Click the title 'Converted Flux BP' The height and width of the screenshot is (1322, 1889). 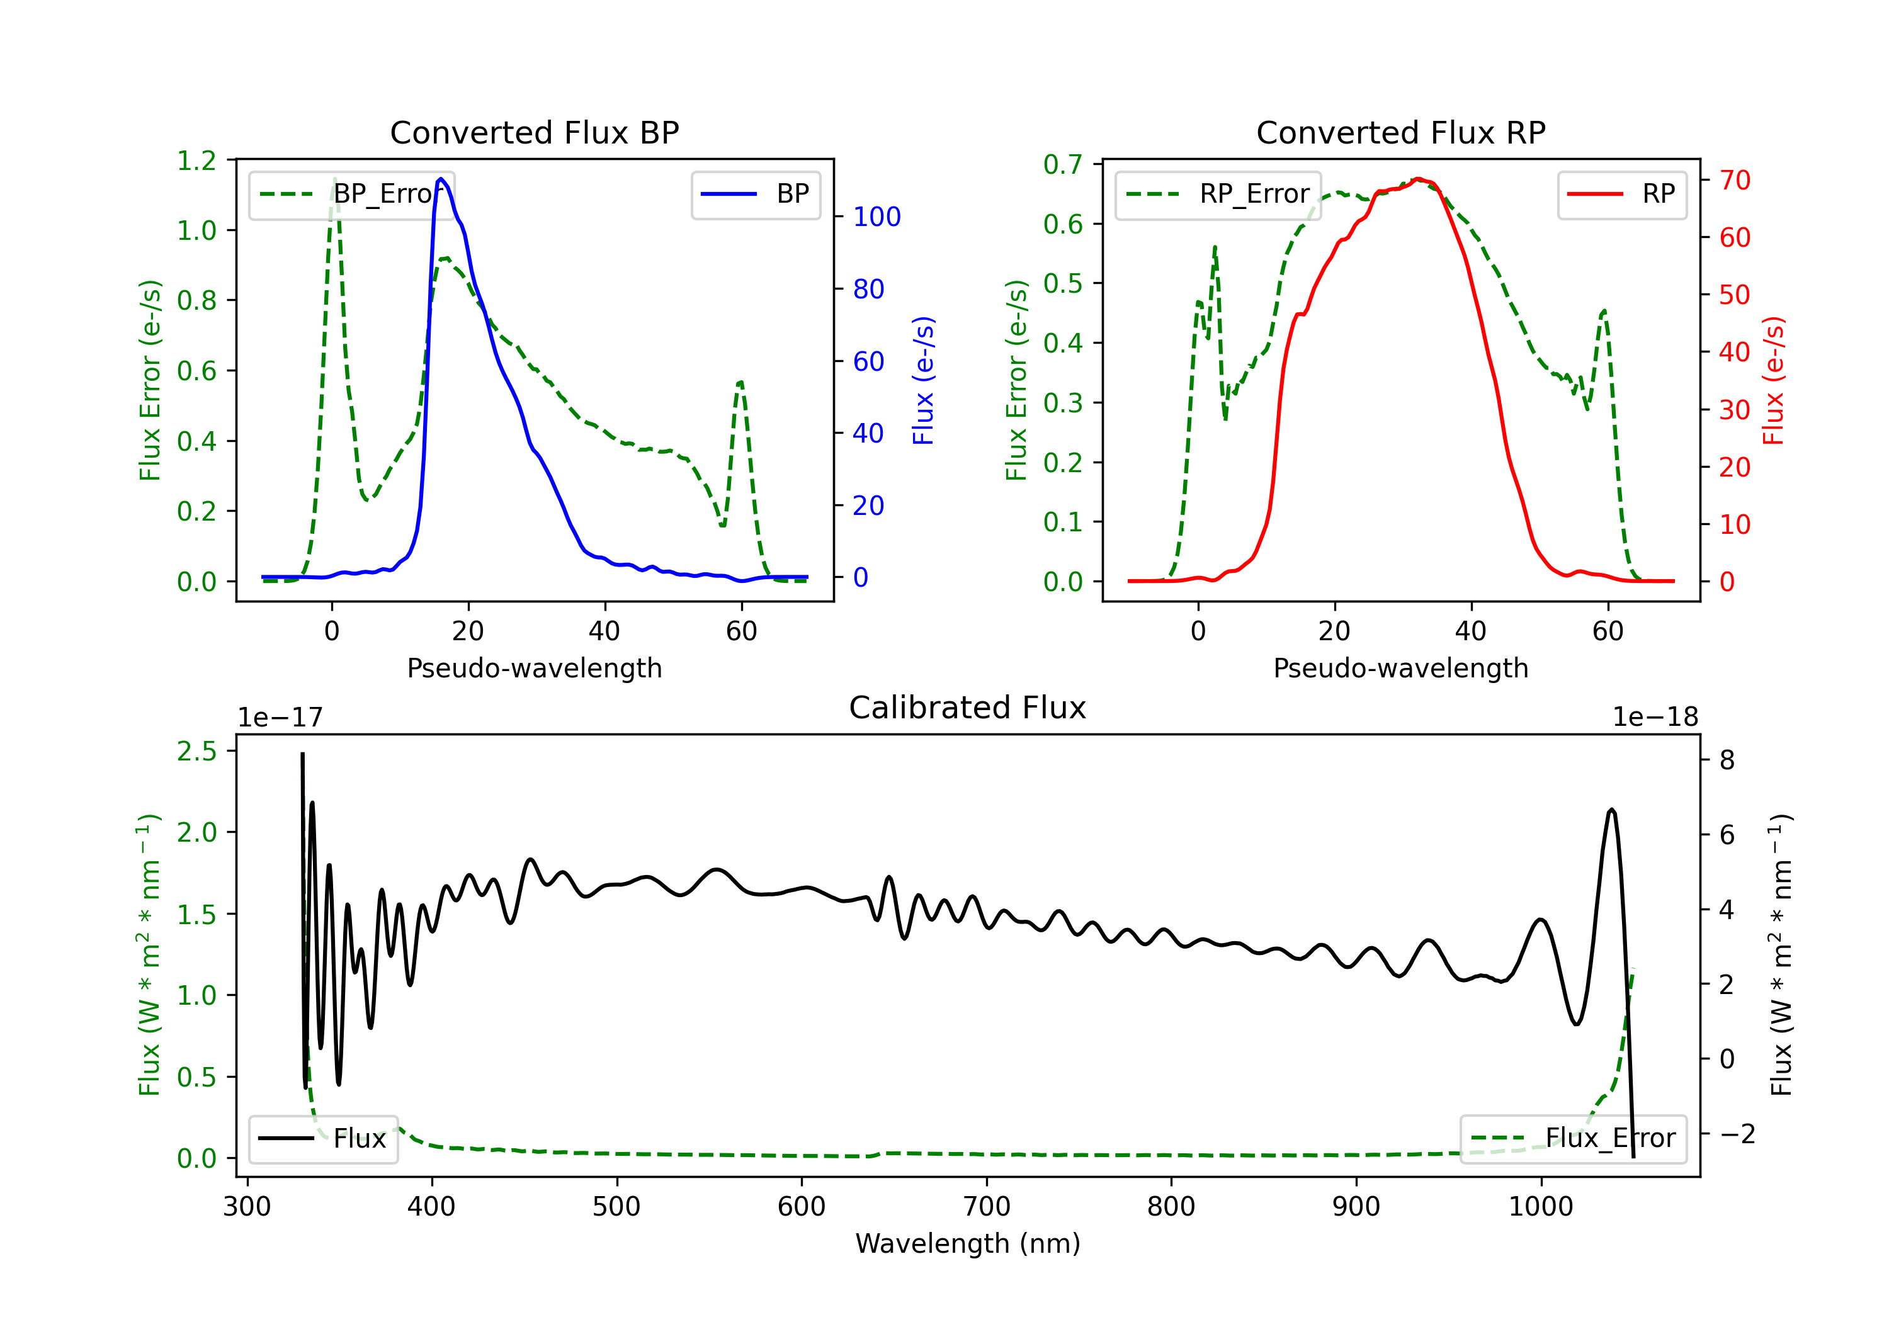point(534,132)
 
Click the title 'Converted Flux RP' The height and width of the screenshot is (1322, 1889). point(1400,132)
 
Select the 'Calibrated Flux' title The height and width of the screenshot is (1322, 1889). point(968,708)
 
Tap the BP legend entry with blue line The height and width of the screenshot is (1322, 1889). point(755,194)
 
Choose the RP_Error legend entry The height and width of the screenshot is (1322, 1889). point(1218,194)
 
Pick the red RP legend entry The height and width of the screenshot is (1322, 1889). point(1621,194)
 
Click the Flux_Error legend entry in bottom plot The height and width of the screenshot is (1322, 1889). point(1573,1139)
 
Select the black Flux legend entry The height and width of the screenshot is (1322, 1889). point(322,1139)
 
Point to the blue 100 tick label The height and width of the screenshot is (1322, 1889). point(877,217)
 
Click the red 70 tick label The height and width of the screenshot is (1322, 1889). point(1735,180)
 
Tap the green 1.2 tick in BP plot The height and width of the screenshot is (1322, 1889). point(196,161)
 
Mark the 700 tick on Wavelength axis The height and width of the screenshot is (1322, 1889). point(987,1207)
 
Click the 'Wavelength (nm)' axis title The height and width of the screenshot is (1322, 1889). point(968,1244)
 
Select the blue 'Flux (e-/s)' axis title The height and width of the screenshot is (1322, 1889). point(924,381)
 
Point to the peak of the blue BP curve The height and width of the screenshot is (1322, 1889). point(441,179)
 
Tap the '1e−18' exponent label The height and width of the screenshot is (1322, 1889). point(1655,718)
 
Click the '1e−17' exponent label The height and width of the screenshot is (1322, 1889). point(281,718)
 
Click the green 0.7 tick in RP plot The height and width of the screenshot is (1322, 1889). point(1063,164)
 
